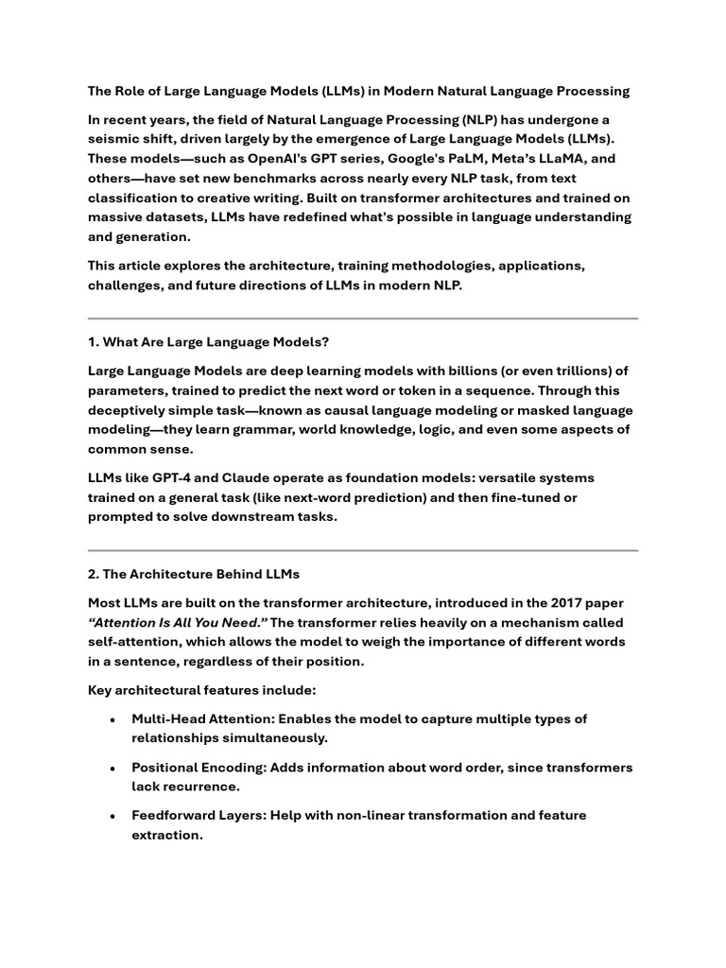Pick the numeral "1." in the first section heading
(x=93, y=341)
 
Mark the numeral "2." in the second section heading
(x=94, y=574)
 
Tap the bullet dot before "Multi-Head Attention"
(x=113, y=720)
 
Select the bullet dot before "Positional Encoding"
(x=113, y=769)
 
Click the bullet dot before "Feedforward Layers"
(x=113, y=816)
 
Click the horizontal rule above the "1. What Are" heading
(x=363, y=319)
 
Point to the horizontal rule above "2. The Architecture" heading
(x=363, y=550)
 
